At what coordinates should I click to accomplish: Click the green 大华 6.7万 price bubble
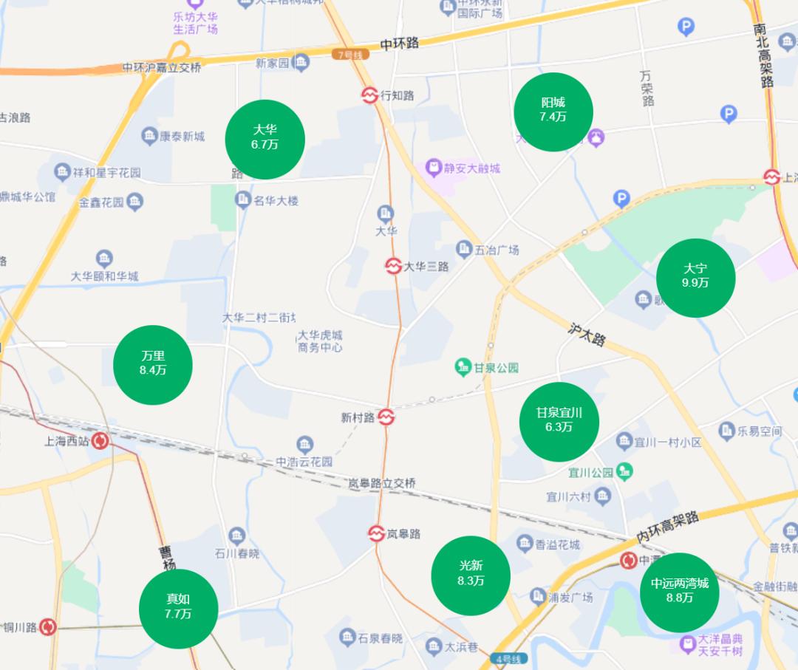pyautogui.click(x=265, y=139)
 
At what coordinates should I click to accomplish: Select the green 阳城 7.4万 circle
pyautogui.click(x=553, y=112)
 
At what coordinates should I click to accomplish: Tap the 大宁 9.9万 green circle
pyautogui.click(x=695, y=278)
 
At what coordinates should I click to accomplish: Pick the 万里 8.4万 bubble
pyautogui.click(x=153, y=365)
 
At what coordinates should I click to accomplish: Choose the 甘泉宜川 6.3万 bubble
pyautogui.click(x=559, y=422)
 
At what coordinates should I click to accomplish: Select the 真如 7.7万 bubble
pyautogui.click(x=178, y=609)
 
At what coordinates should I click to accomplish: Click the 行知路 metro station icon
pyautogui.click(x=369, y=95)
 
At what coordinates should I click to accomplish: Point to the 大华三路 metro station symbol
pyautogui.click(x=393, y=265)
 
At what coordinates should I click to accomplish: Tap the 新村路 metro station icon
pyautogui.click(x=386, y=417)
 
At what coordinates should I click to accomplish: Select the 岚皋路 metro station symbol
pyautogui.click(x=377, y=533)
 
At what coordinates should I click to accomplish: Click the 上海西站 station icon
pyautogui.click(x=100, y=442)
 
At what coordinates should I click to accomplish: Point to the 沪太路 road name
pyautogui.click(x=587, y=334)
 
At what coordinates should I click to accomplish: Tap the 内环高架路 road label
pyautogui.click(x=667, y=526)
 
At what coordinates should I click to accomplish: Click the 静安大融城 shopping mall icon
pyautogui.click(x=433, y=168)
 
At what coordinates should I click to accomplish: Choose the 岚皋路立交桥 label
pyautogui.click(x=382, y=483)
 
